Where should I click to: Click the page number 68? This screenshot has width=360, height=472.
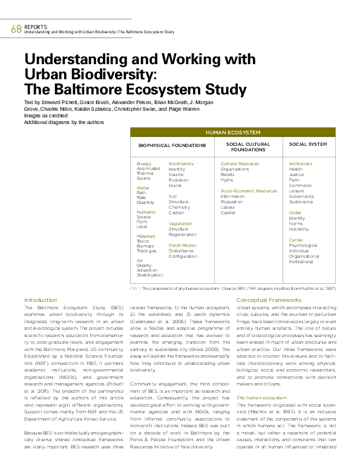point(16,29)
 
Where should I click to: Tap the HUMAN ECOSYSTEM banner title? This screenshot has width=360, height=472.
point(233,132)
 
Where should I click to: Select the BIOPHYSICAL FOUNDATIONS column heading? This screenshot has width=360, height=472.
point(172,146)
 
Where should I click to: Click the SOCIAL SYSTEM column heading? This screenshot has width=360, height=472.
point(308,145)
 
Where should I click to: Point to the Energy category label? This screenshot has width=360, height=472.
point(144,164)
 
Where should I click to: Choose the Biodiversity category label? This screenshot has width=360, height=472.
point(181,164)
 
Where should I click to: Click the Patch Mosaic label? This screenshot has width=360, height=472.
point(182,246)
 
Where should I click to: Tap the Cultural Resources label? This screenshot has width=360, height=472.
point(240,164)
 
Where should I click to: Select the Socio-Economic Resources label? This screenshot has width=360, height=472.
point(249,191)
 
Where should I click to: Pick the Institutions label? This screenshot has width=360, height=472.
point(301,164)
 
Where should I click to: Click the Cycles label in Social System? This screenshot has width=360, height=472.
point(296,240)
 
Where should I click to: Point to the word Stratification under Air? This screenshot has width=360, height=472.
point(149,275)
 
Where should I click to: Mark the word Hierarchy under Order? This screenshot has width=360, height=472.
point(299,229)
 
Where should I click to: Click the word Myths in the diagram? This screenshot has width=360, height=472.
point(227,180)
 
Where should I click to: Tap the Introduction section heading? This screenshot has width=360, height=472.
point(41,300)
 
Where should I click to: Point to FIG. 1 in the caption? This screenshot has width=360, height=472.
point(136,289)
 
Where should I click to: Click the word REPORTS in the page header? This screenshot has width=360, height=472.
point(35,26)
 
